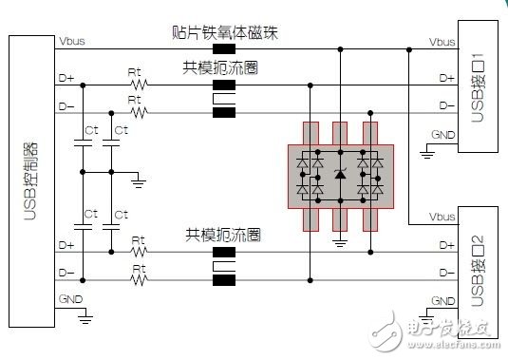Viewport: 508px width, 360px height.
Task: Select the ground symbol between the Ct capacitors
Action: [x=139, y=178]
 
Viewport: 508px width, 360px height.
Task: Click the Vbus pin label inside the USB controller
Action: [x=71, y=43]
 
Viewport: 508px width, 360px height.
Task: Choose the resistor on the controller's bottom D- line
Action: [x=140, y=280]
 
